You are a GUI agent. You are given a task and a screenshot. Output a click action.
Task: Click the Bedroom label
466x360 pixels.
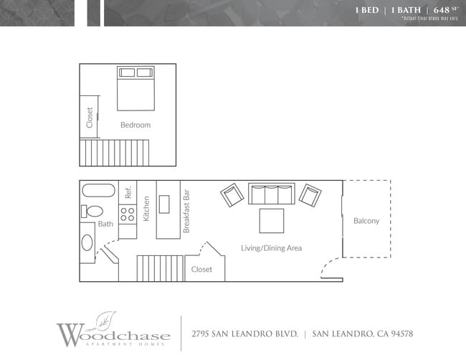[x=135, y=125]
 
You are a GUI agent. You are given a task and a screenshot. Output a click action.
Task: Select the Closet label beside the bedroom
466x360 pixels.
[x=90, y=117]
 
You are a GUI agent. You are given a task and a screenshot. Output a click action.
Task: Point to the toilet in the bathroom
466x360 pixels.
[x=91, y=211]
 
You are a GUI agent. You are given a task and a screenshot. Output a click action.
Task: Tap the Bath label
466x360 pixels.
[x=105, y=224]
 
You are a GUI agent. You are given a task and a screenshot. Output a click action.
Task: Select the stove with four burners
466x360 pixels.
[x=128, y=214]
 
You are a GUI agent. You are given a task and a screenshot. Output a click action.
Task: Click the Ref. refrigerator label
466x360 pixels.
[x=128, y=192]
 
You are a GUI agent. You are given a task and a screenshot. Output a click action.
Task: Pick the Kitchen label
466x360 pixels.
[x=146, y=209]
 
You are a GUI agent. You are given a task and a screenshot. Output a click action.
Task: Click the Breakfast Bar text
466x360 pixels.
[x=186, y=211]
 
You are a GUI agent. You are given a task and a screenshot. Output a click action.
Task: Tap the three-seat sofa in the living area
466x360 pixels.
[x=271, y=194]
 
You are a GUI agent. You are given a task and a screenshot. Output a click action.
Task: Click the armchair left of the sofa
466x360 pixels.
[x=232, y=195]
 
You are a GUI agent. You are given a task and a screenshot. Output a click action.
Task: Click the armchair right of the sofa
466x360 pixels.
[x=310, y=195]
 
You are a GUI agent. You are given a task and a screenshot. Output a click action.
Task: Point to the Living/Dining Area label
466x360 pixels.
[x=271, y=248]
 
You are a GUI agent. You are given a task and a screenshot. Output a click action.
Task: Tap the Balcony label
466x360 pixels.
[x=366, y=221]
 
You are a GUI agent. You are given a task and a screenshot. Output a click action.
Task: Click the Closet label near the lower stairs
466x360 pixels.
[x=201, y=270]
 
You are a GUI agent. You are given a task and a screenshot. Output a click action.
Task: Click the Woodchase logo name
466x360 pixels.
[x=114, y=334]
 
